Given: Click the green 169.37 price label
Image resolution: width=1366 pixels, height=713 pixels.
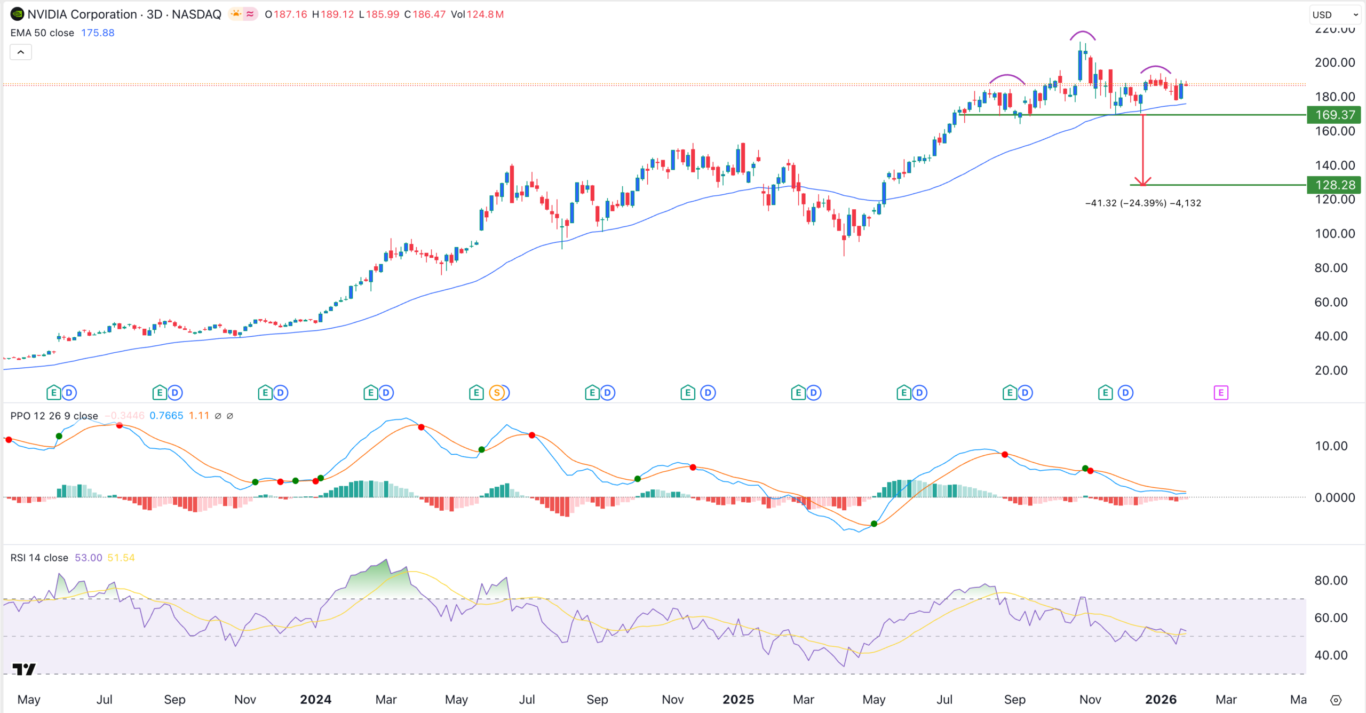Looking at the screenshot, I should [1333, 115].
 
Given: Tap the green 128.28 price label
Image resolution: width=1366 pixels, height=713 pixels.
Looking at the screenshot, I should [1333, 185].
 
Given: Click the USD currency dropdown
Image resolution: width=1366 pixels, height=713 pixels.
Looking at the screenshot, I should [1334, 14].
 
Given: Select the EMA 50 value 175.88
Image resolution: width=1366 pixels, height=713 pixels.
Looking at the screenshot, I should [98, 33].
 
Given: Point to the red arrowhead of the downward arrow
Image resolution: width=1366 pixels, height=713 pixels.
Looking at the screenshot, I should [1142, 183].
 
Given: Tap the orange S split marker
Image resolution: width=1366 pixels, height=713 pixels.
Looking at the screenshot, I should [497, 393].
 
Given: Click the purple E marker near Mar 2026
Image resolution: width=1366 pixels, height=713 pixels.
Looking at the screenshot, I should [1221, 393].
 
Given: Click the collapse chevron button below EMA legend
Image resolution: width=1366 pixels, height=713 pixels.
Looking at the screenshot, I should [21, 52].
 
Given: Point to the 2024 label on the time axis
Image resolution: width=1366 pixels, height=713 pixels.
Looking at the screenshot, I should [315, 700].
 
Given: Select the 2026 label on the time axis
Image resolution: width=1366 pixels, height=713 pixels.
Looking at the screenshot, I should [1161, 700].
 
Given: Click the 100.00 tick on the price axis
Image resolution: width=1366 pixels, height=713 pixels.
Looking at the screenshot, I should [1335, 234].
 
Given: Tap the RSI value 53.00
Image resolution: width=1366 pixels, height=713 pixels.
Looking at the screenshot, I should [88, 558].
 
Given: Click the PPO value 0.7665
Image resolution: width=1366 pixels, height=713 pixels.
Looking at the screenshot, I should [166, 416].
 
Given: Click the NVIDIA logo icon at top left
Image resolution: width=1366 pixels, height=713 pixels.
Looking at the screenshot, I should [17, 14].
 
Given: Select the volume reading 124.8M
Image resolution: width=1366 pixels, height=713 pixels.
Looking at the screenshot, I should [485, 14].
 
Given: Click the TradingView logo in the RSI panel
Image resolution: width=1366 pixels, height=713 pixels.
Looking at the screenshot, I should [24, 669].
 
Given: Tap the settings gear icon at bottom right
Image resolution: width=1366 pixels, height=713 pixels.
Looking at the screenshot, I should [1336, 700].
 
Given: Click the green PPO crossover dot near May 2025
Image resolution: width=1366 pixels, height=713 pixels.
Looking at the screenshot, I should [874, 524].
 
